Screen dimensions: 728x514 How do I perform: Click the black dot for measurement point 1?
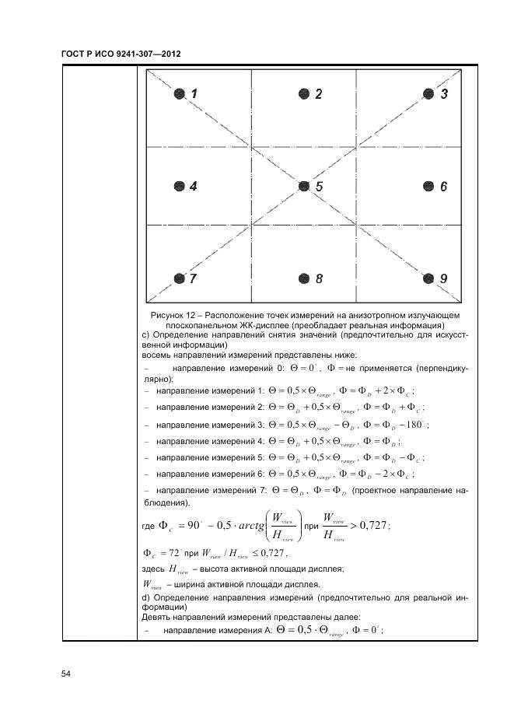coord(180,94)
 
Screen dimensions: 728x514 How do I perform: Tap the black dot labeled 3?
coord(428,94)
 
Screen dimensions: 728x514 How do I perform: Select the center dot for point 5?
coord(304,187)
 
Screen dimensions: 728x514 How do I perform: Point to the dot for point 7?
coord(180,278)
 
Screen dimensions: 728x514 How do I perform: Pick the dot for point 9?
coord(428,278)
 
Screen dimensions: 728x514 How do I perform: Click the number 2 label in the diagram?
coord(319,94)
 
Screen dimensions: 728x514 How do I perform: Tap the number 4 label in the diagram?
coord(194,187)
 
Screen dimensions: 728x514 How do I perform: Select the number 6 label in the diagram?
coord(443,187)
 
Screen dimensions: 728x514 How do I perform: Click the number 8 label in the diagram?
coord(319,278)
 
